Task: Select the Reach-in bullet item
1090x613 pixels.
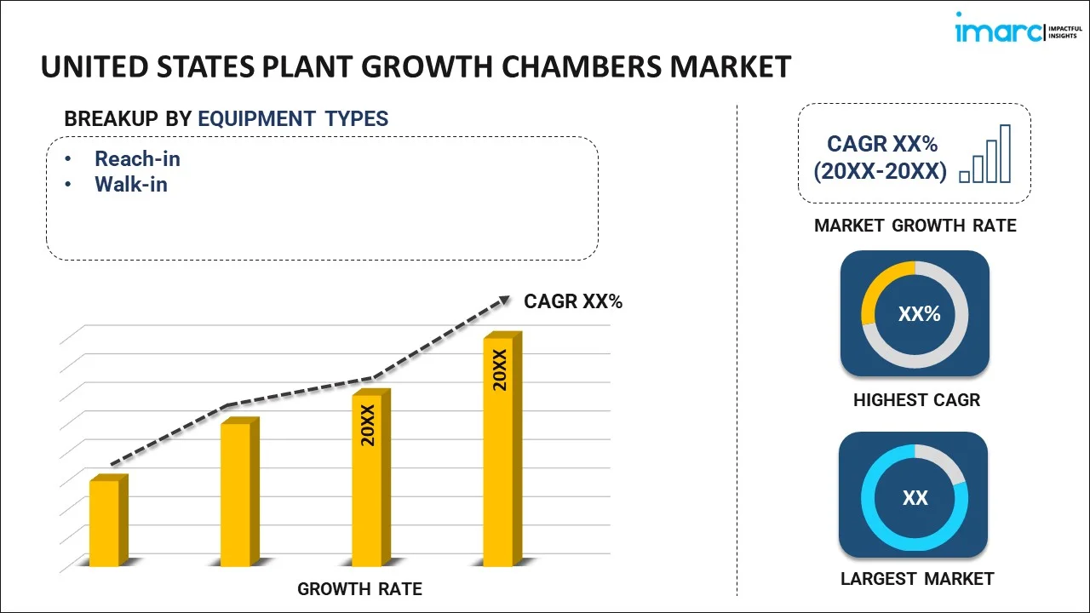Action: pyautogui.click(x=137, y=159)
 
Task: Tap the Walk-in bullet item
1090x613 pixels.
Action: pyautogui.click(x=130, y=184)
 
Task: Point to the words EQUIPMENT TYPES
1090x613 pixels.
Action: pyautogui.click(x=293, y=119)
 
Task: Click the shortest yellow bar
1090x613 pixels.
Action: pyautogui.click(x=105, y=522)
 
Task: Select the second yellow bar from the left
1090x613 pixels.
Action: pyautogui.click(x=236, y=494)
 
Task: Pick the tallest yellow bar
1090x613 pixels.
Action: pyautogui.click(x=498, y=451)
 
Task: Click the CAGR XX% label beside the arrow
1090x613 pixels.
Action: pyautogui.click(x=573, y=301)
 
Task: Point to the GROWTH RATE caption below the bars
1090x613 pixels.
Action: pyautogui.click(x=359, y=589)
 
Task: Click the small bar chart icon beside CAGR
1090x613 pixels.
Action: pyautogui.click(x=985, y=155)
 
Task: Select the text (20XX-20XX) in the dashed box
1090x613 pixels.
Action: pyautogui.click(x=880, y=172)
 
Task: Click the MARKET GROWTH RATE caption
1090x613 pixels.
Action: pyautogui.click(x=915, y=226)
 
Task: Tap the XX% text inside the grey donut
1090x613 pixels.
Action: pyautogui.click(x=919, y=314)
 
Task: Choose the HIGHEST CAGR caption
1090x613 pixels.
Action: pyautogui.click(x=916, y=400)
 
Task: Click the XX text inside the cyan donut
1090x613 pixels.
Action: pyautogui.click(x=915, y=498)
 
